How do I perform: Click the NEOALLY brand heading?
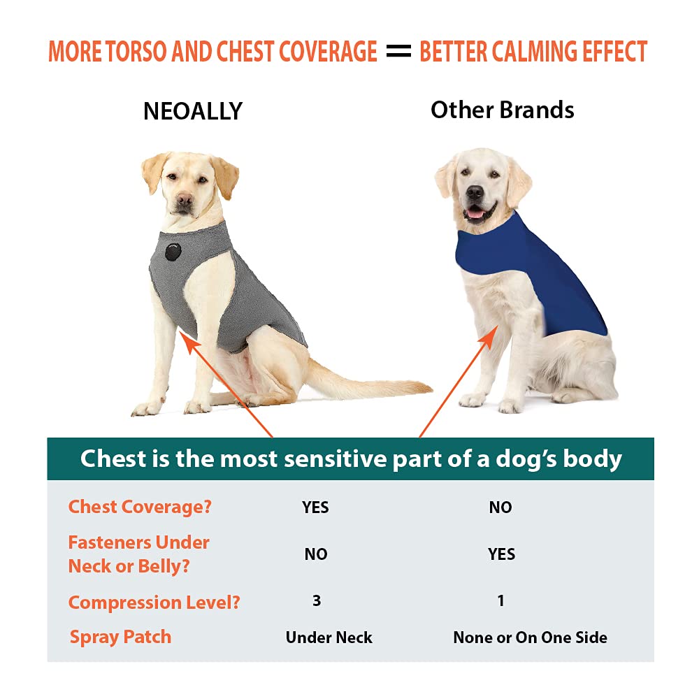pos(192,111)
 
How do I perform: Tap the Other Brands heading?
pos(502,110)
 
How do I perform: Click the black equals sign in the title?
pos(398,52)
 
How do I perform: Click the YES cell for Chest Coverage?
pos(315,507)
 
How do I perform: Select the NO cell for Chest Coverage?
pos(500,507)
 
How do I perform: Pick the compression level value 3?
pos(317,600)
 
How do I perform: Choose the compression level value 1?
pos(500,600)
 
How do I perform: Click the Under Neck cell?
pos(329,637)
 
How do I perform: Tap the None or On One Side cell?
pos(530,637)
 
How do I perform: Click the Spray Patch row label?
pos(120,637)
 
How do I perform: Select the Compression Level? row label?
pos(154,603)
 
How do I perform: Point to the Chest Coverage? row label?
pos(139,507)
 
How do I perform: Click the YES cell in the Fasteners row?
pos(502,554)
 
